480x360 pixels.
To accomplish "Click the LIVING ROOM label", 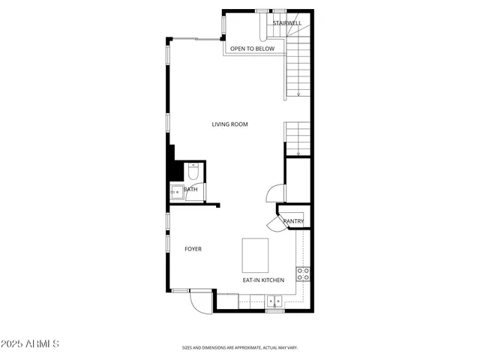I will [x=229, y=124].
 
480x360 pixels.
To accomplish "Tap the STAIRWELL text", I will [x=287, y=23].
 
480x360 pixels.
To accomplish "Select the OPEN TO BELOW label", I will [x=252, y=49].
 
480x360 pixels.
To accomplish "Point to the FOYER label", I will [x=193, y=249].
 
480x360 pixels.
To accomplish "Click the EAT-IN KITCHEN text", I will [x=263, y=280].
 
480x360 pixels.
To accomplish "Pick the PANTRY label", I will [x=293, y=221].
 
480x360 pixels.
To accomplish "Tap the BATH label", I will [x=191, y=190].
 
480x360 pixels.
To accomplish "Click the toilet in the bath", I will [x=193, y=172].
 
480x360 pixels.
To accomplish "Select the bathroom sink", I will [x=175, y=192].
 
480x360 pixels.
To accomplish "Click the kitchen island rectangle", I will [x=255, y=255].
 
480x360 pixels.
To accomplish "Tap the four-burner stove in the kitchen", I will [x=304, y=274].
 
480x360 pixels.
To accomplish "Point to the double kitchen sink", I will [x=275, y=302].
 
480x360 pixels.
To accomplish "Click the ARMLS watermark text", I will [x=31, y=343].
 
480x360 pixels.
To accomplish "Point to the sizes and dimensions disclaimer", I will [x=240, y=348].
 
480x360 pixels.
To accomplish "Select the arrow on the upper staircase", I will [x=298, y=94].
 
